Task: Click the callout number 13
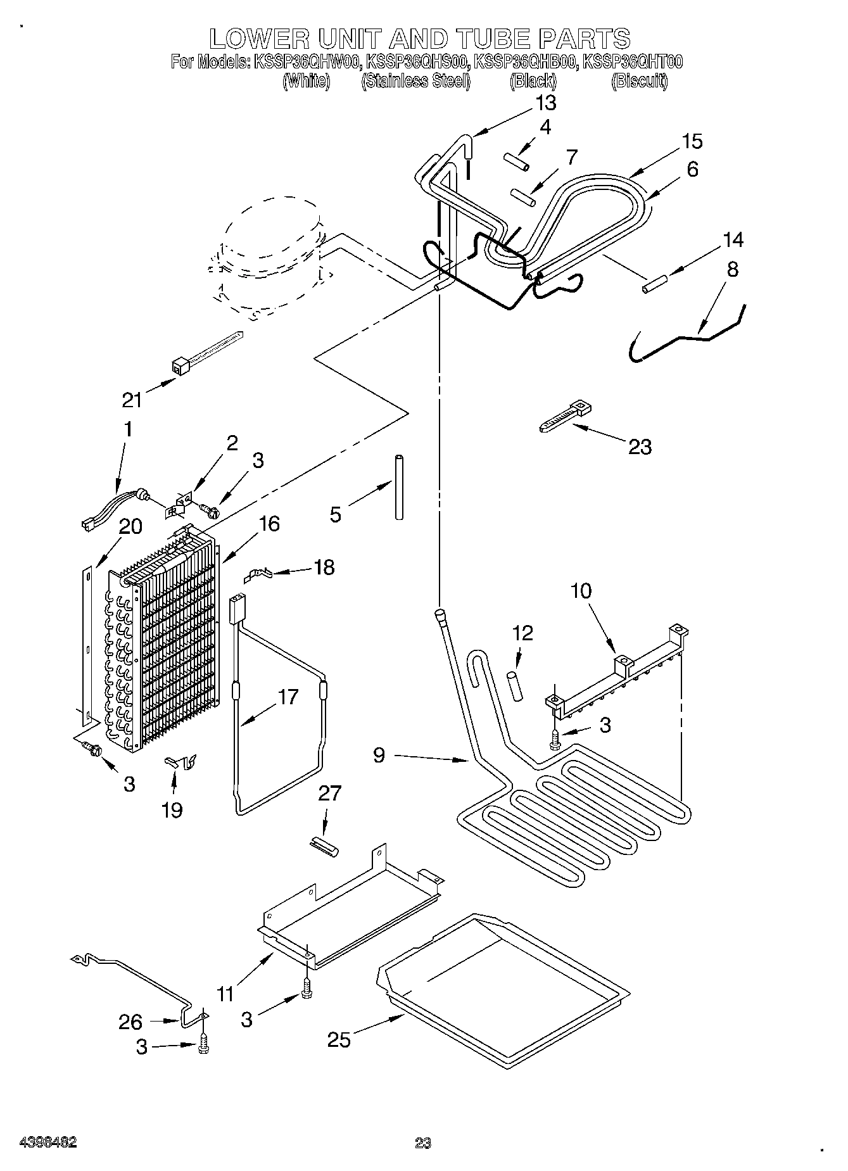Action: coord(545,103)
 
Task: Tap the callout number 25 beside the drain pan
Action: coord(339,1039)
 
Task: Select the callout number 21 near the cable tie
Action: coord(132,400)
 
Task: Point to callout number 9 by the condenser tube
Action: coord(379,756)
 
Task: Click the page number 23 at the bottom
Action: coord(423,1143)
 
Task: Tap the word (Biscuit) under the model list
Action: coord(639,81)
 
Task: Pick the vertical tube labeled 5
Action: coord(400,486)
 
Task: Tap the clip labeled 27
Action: coord(324,845)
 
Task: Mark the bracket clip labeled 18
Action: coord(259,574)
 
